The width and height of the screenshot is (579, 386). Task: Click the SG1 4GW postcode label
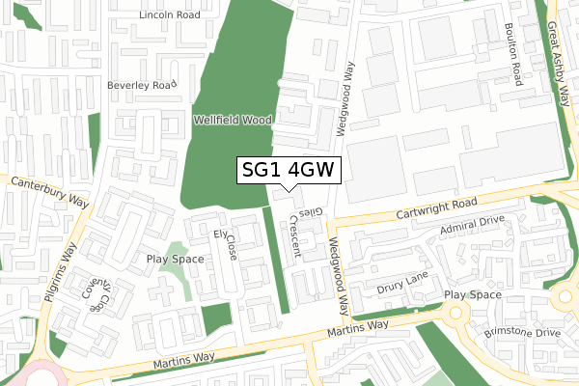click(289, 171)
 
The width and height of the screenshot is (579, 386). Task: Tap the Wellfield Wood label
click(233, 121)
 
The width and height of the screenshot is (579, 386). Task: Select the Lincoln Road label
click(170, 16)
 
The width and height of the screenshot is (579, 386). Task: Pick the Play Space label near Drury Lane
click(473, 293)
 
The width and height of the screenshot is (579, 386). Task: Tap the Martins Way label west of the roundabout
click(182, 363)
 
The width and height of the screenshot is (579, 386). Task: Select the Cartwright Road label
click(436, 209)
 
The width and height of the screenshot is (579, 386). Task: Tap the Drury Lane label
click(402, 285)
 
